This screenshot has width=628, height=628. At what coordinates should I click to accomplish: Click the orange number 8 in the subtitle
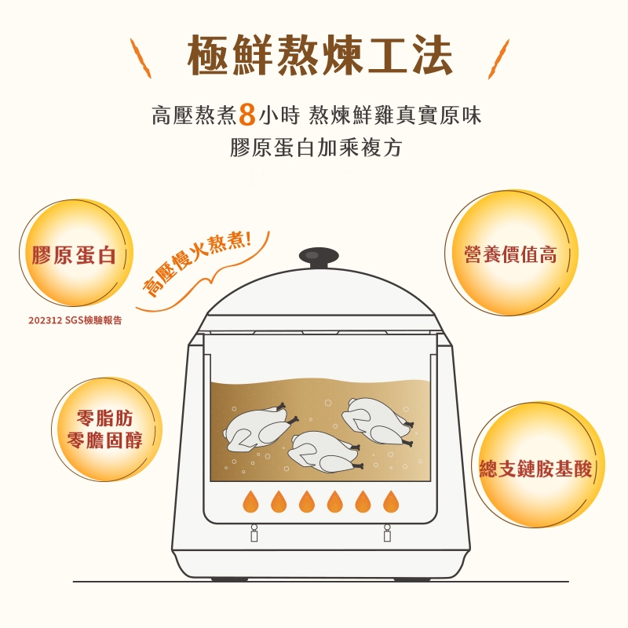[x=247, y=115]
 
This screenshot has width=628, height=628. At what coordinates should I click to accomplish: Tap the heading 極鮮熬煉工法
[x=319, y=55]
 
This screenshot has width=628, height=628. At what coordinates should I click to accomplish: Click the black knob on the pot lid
[x=319, y=257]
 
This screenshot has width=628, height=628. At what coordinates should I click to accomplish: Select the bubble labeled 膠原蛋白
[x=76, y=253]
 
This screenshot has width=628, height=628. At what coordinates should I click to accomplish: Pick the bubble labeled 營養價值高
[x=512, y=253]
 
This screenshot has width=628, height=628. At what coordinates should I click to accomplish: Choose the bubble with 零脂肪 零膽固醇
[x=107, y=429]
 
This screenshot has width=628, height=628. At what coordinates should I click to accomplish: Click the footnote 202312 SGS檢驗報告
[x=75, y=320]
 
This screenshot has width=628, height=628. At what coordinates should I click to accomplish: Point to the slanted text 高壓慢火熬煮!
[x=197, y=264]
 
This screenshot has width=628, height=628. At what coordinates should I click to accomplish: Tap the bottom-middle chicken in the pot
[x=324, y=451]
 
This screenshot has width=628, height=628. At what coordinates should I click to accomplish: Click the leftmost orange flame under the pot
[x=250, y=501]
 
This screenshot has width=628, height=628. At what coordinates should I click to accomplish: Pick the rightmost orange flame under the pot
[x=391, y=501]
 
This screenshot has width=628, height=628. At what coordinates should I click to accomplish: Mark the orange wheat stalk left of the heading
[x=141, y=58]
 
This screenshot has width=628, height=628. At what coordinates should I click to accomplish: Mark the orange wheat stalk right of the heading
[x=498, y=59]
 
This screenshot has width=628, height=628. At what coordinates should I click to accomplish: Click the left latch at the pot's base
[x=254, y=533]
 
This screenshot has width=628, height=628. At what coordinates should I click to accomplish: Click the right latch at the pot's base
[x=387, y=533]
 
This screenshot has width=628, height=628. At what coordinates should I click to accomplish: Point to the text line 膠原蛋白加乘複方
[x=316, y=148]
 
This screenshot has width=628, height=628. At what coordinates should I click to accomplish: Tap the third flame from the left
[x=307, y=501]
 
